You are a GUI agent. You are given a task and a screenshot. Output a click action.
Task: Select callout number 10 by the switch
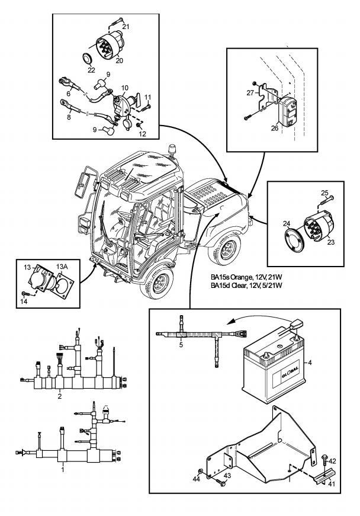click(124, 88)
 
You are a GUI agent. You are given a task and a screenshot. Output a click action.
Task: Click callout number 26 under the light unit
click(290, 127)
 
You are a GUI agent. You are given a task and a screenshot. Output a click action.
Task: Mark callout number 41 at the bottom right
click(332, 483)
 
